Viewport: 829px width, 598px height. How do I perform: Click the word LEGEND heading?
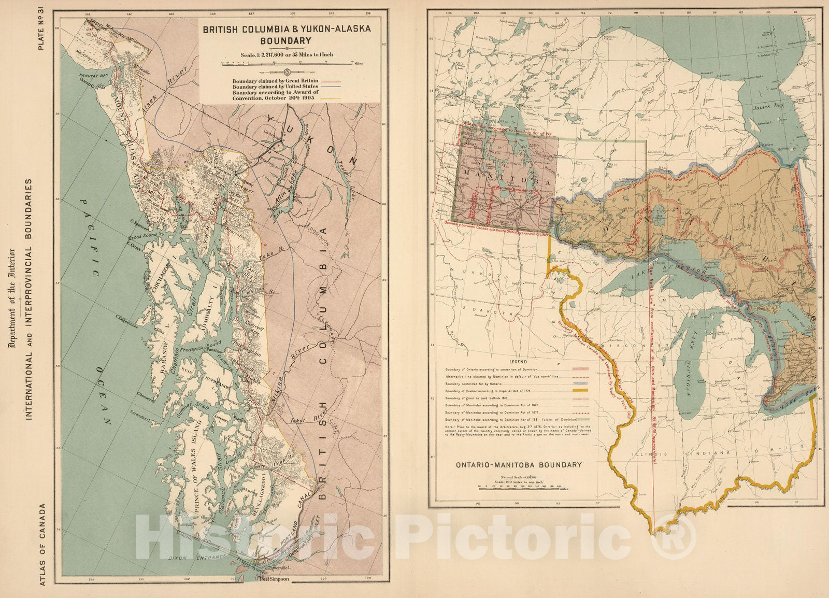click(x=518, y=361)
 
